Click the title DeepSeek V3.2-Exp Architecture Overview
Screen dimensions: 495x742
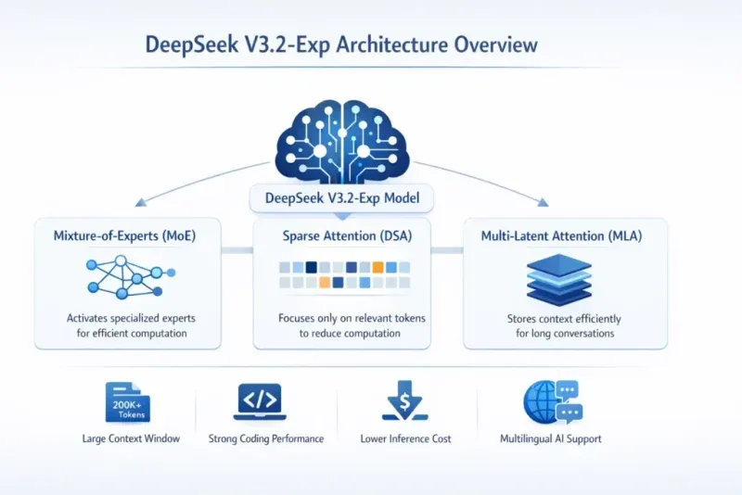click(340, 44)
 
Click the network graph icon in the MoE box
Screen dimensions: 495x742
click(125, 276)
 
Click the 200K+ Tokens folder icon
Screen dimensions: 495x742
click(128, 401)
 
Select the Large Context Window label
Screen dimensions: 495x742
click(131, 438)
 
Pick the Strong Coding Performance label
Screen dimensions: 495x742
click(266, 438)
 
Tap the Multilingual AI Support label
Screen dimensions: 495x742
click(550, 438)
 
